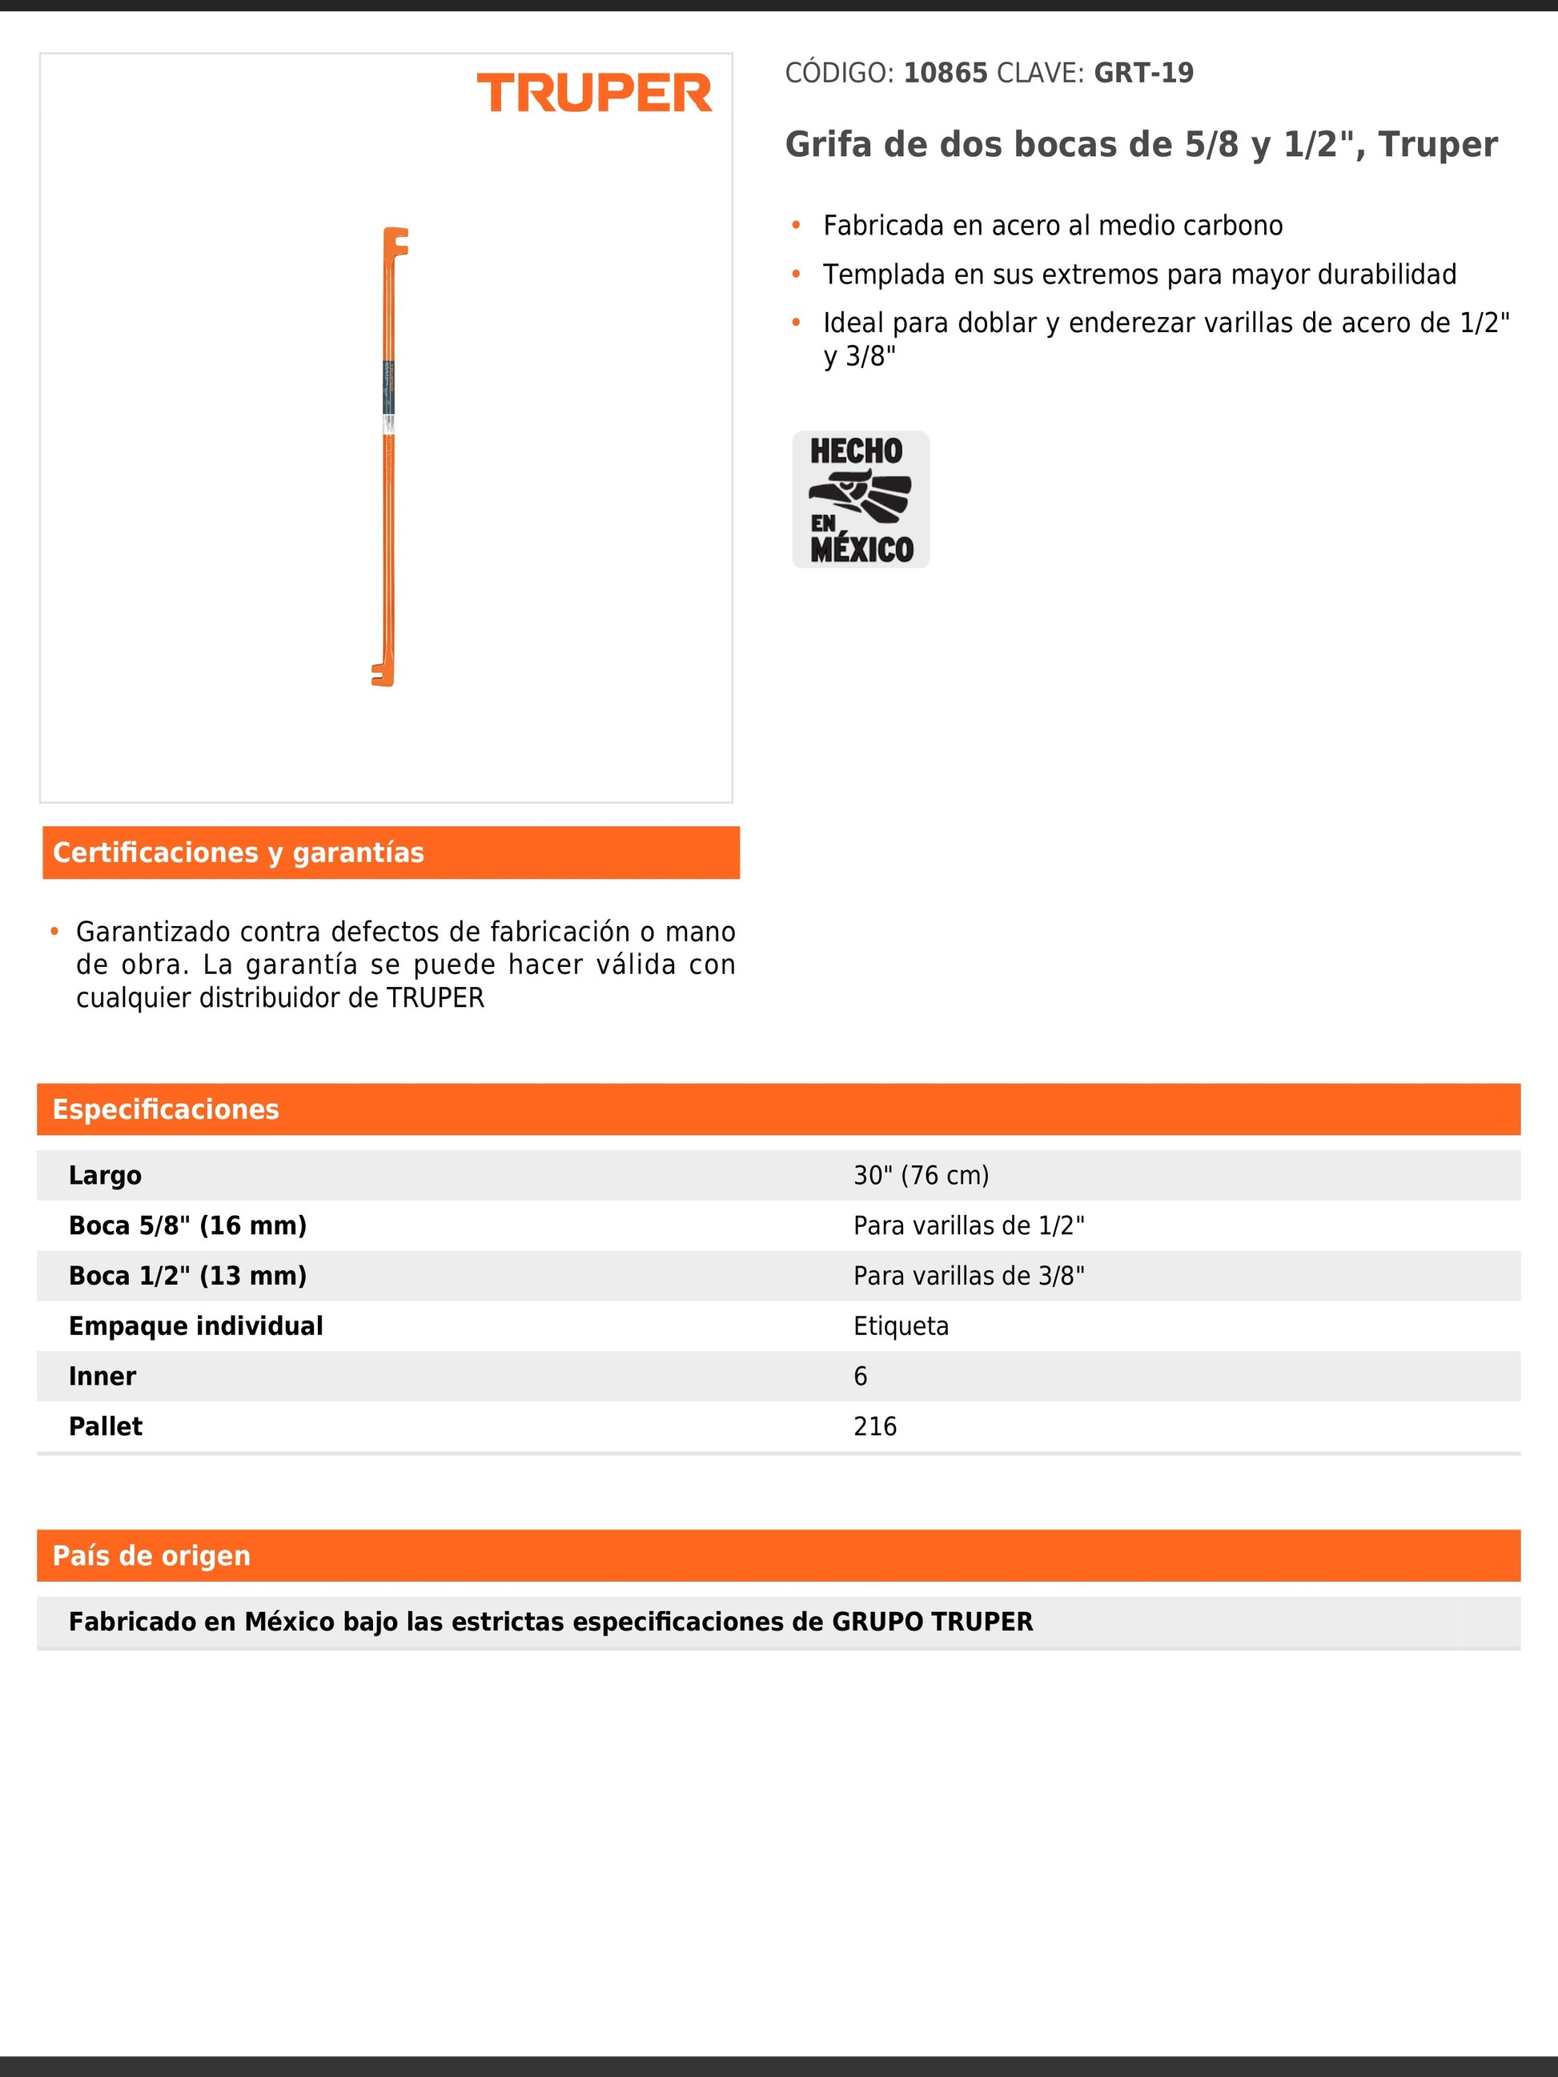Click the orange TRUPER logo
click(x=595, y=93)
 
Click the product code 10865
click(x=945, y=74)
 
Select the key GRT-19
click(x=1143, y=74)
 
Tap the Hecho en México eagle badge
click(x=860, y=499)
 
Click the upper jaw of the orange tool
click(x=396, y=243)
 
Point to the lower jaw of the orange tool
click(x=382, y=674)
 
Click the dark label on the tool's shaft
click(x=389, y=387)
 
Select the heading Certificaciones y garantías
click(x=239, y=852)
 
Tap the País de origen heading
click(x=152, y=1556)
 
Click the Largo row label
click(x=105, y=1176)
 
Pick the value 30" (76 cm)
click(x=921, y=1176)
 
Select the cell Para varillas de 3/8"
click(x=968, y=1276)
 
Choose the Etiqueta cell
click(x=901, y=1325)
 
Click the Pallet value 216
click(x=874, y=1426)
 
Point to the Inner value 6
click(x=860, y=1377)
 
